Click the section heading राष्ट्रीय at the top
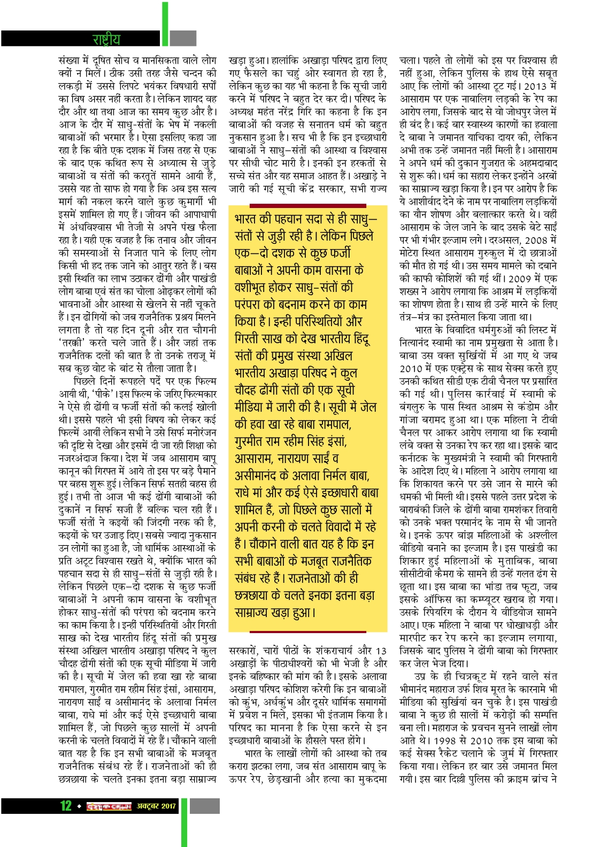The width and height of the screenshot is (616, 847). (106, 39)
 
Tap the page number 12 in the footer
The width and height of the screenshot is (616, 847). (66, 805)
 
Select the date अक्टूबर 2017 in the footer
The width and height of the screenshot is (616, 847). (156, 806)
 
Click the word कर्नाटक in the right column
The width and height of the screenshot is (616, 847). (414, 458)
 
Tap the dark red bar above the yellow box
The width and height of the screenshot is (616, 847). (307, 205)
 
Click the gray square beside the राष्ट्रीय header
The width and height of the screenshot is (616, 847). (183, 38)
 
